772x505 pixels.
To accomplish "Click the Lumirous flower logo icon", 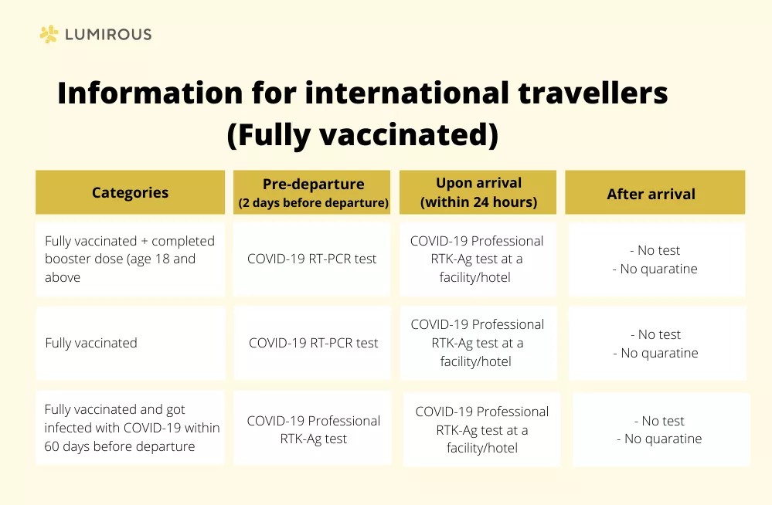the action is click(49, 34).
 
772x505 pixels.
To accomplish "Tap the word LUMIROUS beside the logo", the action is click(108, 35).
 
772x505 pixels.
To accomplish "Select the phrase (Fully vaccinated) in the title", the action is click(363, 134).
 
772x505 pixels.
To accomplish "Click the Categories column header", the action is click(130, 192).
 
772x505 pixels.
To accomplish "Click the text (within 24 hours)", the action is click(478, 202).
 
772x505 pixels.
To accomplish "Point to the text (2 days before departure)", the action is click(314, 203).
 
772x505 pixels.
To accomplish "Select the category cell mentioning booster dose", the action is click(130, 259).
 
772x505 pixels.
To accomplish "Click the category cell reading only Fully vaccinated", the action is click(130, 343).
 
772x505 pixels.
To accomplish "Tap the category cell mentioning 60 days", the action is click(130, 428).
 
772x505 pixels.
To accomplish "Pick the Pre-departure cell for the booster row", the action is click(311, 259).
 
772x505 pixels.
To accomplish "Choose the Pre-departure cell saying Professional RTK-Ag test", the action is click(313, 428).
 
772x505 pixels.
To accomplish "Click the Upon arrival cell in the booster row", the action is click(478, 259).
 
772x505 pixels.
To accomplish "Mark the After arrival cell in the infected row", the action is click(661, 429).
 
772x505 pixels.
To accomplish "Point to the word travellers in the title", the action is click(593, 92).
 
